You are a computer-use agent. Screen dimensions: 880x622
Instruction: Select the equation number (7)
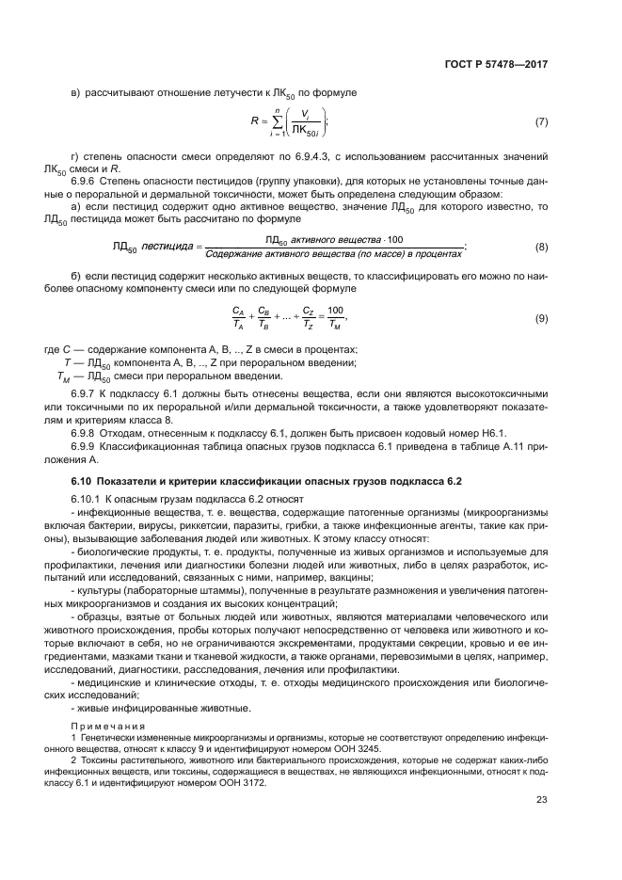pos(541,122)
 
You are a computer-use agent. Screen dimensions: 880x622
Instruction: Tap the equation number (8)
pos(541,247)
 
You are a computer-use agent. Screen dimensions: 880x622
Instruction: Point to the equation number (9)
pos(541,319)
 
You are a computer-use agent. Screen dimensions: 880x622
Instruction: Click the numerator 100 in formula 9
pos(336,311)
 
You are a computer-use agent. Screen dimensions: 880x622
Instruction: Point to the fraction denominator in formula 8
pos(333,253)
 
